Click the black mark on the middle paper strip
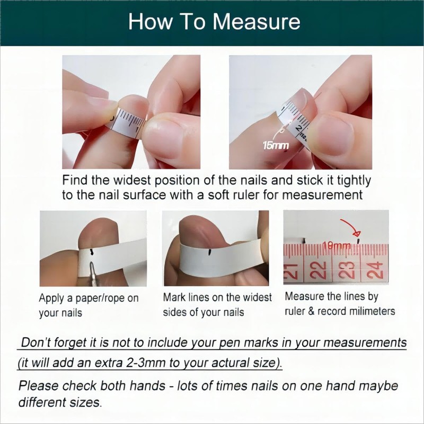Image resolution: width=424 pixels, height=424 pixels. click(x=212, y=249)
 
